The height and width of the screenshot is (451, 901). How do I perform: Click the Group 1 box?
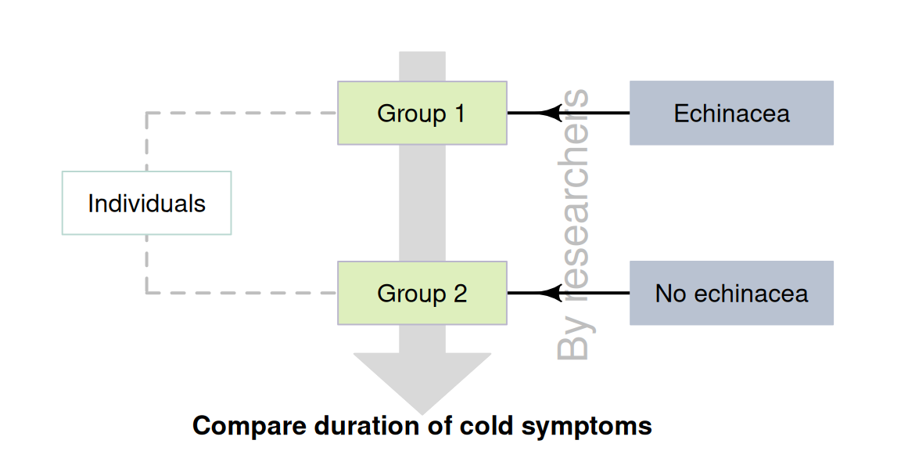422,113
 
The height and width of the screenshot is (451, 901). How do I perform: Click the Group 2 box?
422,293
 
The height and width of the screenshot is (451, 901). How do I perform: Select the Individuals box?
146,203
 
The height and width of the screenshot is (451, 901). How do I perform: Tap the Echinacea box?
731,113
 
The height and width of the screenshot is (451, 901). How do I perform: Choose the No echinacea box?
731,293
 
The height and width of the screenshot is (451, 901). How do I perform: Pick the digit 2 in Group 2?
460,294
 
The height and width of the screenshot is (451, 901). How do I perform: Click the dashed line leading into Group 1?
242,113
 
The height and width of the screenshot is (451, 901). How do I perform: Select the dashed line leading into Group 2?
242,293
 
